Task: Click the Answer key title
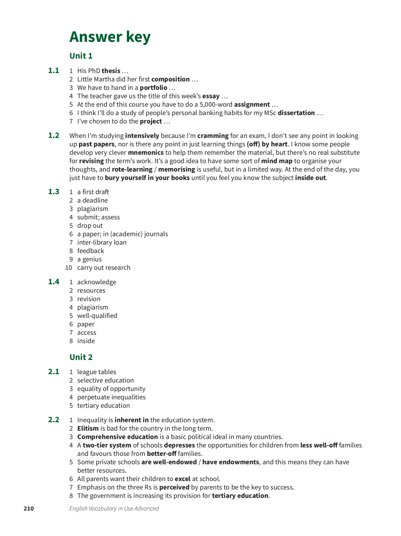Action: coord(110,37)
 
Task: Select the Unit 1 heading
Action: coord(81,56)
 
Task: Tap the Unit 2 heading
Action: coord(81,357)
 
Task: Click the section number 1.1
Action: coord(53,71)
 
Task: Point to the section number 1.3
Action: coord(53,192)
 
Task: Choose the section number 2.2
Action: coord(53,420)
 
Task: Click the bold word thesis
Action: coord(111,71)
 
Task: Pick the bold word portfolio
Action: coord(153,88)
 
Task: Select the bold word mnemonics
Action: coord(146,153)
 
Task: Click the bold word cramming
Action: coord(213,136)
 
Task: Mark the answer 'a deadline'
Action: coord(92,200)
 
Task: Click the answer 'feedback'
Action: coord(91,251)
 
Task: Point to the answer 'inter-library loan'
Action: coord(102,242)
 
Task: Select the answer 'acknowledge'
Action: coord(97,282)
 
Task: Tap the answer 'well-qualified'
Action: coord(97,316)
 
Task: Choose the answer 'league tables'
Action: coord(97,372)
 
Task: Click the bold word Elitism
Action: coord(88,428)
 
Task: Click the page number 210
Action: coord(29,509)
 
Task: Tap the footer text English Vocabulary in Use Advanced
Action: coord(114,509)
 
